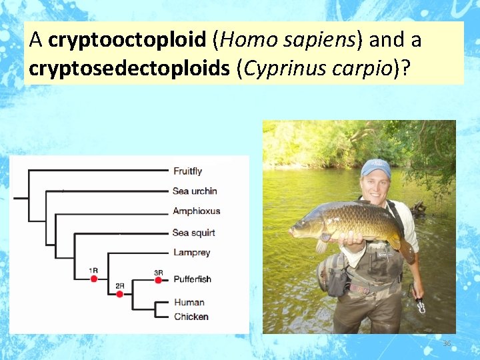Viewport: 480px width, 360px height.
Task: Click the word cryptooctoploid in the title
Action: coord(127,40)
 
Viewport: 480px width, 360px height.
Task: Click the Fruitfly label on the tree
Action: coord(187,171)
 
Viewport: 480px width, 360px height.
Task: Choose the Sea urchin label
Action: coord(195,191)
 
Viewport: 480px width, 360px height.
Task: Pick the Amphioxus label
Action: coord(196,211)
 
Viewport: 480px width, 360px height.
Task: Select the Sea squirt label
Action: coord(193,233)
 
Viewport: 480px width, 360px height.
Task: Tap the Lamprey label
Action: coord(191,253)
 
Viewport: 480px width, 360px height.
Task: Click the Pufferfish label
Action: coord(193,279)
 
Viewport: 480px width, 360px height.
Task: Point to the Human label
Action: coord(189,303)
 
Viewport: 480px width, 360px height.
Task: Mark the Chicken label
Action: coord(191,317)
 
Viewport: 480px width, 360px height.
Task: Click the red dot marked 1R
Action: coord(94,279)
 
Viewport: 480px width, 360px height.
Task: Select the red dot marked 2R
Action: coord(120,294)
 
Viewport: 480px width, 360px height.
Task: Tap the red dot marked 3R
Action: coord(158,281)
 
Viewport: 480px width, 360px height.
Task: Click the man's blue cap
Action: coord(376,167)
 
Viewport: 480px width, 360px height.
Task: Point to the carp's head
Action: coord(303,227)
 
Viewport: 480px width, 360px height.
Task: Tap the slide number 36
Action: coord(447,343)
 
